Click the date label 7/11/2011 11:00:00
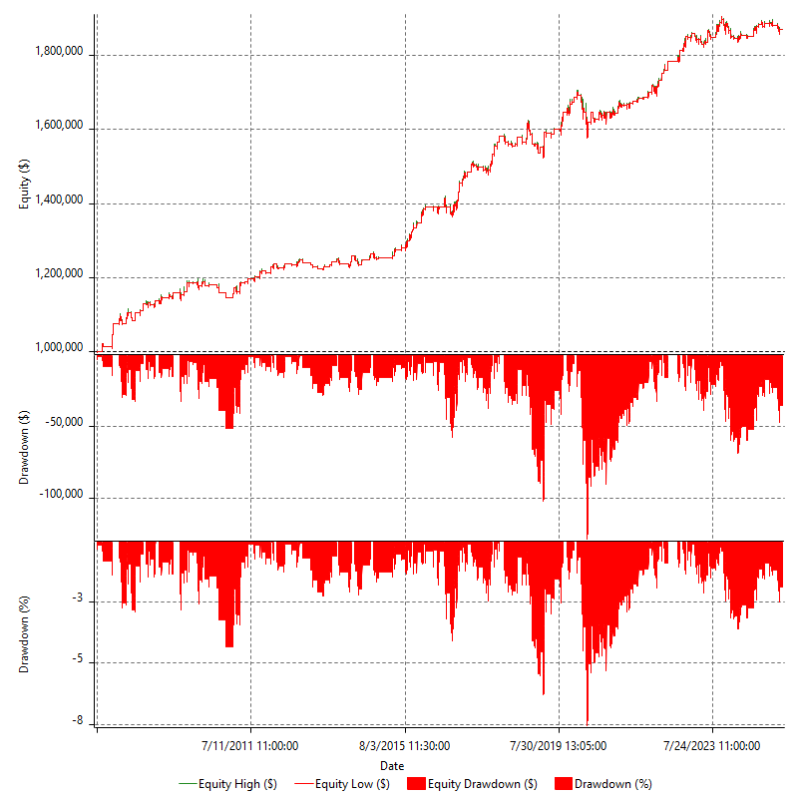(x=250, y=745)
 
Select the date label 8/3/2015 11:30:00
(x=405, y=745)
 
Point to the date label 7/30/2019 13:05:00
(x=559, y=745)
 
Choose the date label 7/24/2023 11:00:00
(x=712, y=745)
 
